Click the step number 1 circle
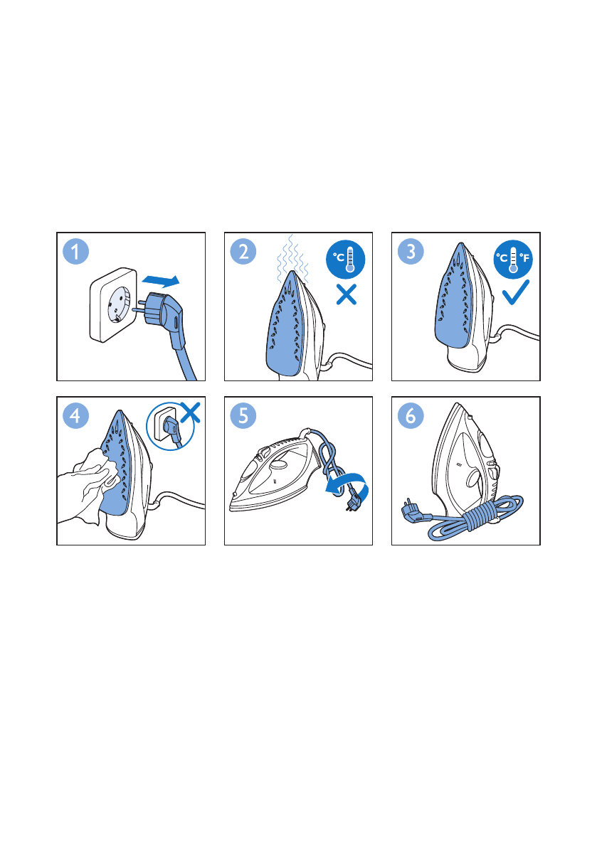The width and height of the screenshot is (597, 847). [x=75, y=252]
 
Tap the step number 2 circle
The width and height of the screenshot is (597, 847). [x=243, y=252]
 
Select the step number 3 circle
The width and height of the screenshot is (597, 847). [x=411, y=252]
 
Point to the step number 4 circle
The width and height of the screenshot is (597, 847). [x=75, y=416]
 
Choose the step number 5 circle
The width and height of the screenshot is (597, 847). [x=243, y=416]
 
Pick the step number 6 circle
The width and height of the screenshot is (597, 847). [x=411, y=416]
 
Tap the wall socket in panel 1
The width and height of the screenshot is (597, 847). [x=113, y=305]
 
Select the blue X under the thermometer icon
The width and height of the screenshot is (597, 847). [x=347, y=295]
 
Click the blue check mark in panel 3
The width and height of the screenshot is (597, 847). [x=515, y=292]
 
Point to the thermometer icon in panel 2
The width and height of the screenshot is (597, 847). [x=346, y=260]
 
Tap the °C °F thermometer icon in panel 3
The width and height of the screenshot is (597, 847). [x=513, y=260]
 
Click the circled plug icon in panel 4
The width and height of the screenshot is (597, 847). [x=170, y=426]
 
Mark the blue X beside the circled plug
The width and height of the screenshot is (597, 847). [x=190, y=412]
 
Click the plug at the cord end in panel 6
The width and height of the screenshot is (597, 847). [x=413, y=511]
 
